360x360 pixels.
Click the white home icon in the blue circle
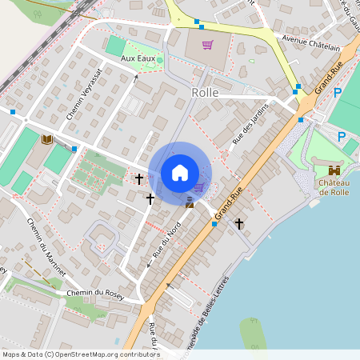180,172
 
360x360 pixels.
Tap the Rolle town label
205,92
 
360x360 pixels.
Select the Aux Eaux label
137,59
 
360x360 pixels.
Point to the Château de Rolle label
335,187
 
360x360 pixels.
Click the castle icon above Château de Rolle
334,170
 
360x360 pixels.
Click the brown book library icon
46,140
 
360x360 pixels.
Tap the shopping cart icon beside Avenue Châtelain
208,45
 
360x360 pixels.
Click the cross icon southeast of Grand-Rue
239,225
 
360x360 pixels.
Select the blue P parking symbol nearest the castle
342,137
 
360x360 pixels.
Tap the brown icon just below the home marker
190,203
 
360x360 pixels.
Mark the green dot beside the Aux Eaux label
160,59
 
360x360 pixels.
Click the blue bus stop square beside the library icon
74,149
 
